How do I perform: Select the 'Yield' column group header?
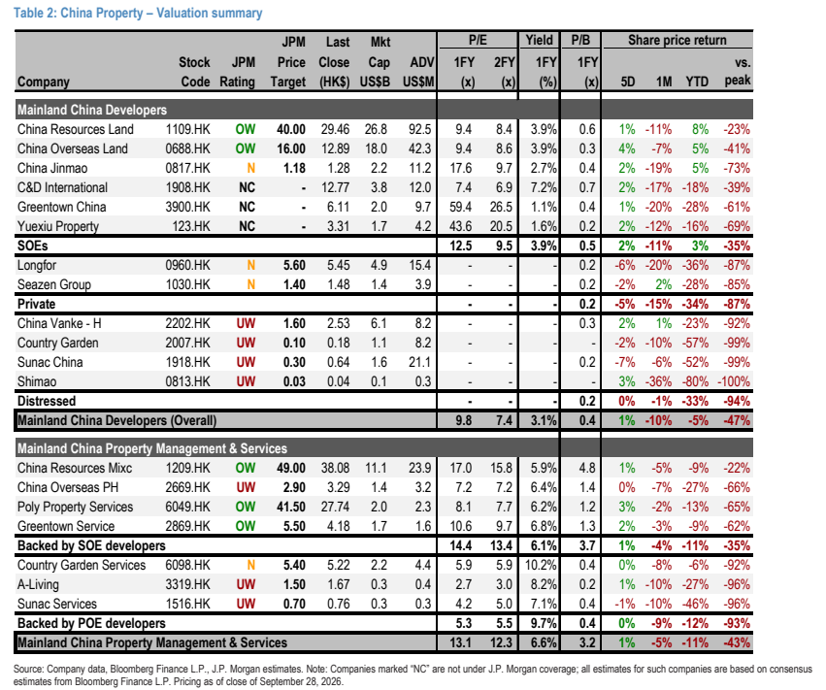point(539,40)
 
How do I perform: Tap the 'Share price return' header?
point(677,40)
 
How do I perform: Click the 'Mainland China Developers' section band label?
point(92,110)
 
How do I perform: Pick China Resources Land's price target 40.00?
point(291,129)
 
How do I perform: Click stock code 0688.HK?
point(187,148)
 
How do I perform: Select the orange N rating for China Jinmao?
point(250,168)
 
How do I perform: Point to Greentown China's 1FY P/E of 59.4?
point(460,207)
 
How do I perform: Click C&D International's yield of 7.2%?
point(544,187)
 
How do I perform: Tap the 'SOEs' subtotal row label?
point(33,246)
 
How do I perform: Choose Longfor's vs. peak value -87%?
point(737,265)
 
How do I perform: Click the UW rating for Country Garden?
point(246,343)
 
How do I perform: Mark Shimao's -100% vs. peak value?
point(734,381)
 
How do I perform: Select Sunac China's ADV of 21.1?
point(420,362)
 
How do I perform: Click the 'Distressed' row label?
point(47,401)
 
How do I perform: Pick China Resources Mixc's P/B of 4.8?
point(587,468)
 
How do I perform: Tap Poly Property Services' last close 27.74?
point(335,507)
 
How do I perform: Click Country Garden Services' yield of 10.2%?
point(541,565)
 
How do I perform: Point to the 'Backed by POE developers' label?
point(91,623)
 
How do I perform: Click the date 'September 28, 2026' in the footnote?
point(301,681)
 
